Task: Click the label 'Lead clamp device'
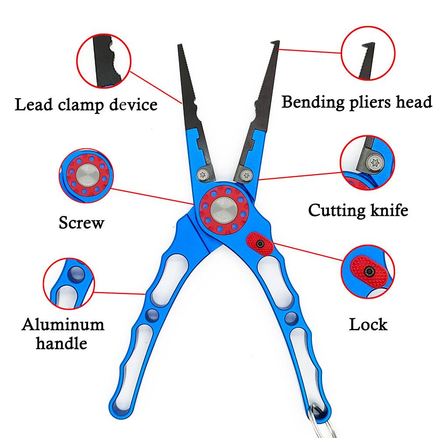coord(86,105)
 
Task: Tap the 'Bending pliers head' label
coord(357,102)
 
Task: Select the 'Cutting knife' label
coord(358,210)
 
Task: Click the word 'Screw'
coord(82,223)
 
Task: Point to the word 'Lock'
coord(368,325)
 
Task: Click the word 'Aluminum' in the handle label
coord(63,325)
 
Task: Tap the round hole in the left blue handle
coord(152,314)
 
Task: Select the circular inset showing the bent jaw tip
coord(367,54)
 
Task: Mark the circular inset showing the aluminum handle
coord(69,284)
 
